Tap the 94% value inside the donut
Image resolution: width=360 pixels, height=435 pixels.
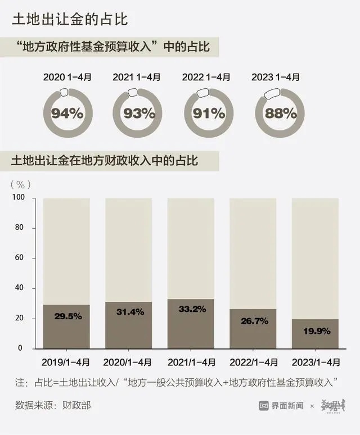click(x=67, y=114)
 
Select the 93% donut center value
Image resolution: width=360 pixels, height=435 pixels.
click(x=138, y=114)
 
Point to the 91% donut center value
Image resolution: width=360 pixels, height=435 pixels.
click(x=209, y=114)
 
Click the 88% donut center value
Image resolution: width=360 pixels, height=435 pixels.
click(x=280, y=114)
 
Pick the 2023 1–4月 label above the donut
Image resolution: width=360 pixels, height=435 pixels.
click(x=280, y=77)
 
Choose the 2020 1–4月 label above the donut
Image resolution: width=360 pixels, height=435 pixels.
click(x=67, y=77)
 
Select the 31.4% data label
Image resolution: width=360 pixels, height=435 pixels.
click(x=129, y=311)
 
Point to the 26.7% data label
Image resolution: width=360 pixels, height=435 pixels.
click(x=253, y=320)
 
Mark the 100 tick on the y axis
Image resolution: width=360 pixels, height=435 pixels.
click(x=20, y=198)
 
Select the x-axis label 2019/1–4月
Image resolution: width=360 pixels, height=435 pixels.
click(x=66, y=361)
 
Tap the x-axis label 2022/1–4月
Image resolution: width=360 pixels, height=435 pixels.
click(x=253, y=361)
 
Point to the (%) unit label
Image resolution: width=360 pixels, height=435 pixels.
click(x=21, y=184)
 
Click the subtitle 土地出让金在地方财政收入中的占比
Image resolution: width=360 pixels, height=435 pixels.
click(x=105, y=161)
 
